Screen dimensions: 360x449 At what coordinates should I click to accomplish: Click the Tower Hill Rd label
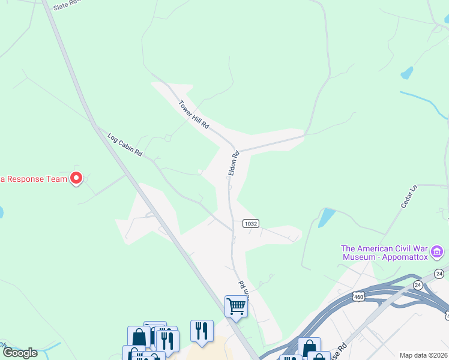tap(193, 114)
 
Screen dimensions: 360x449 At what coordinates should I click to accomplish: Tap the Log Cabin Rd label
tap(125, 145)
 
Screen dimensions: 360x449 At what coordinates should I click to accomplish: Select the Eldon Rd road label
tap(234, 163)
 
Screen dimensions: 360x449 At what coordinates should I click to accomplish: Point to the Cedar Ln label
tap(408, 197)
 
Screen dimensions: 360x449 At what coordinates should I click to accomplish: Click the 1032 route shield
tap(250, 223)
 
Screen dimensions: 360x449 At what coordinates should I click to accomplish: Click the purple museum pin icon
tap(438, 251)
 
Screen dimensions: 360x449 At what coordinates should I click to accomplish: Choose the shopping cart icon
tap(236, 307)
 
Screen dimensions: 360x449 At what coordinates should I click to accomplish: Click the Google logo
tap(20, 353)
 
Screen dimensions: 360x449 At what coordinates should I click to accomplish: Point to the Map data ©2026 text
tap(423, 355)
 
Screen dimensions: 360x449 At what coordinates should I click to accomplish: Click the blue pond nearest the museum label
tap(326, 217)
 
